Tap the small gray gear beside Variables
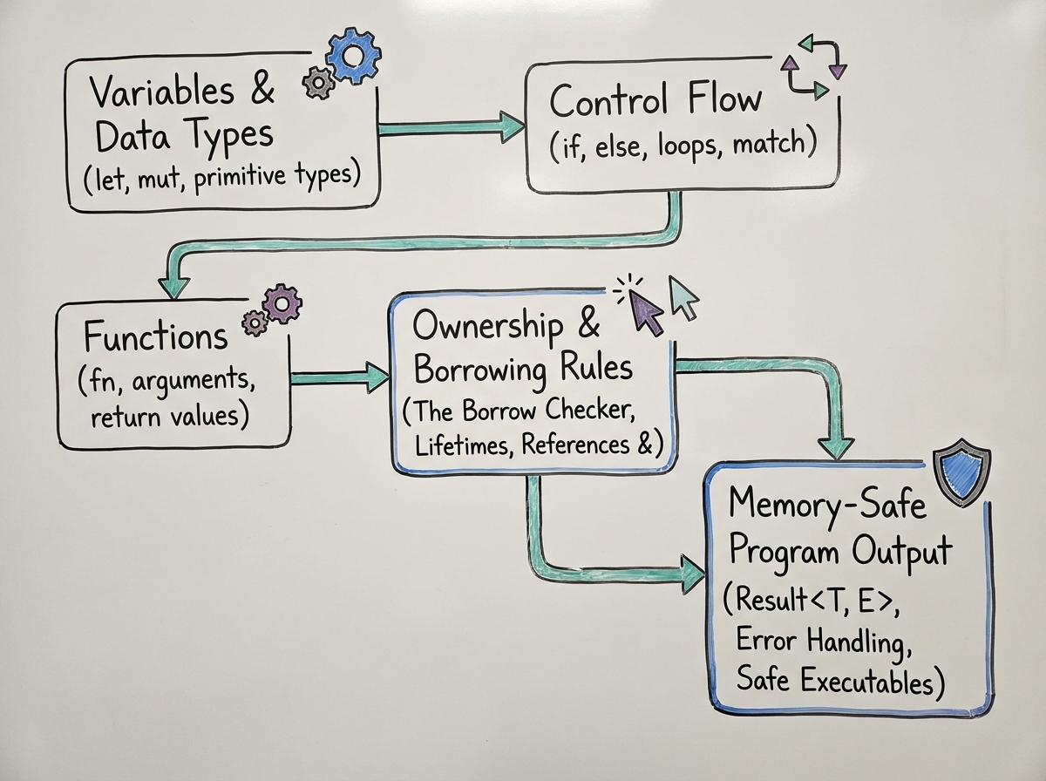(318, 83)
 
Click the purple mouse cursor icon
(646, 311)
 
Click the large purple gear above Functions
(282, 304)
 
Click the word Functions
(155, 336)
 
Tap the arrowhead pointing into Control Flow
(507, 126)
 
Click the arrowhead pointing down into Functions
(173, 289)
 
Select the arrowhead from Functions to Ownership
(377, 377)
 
